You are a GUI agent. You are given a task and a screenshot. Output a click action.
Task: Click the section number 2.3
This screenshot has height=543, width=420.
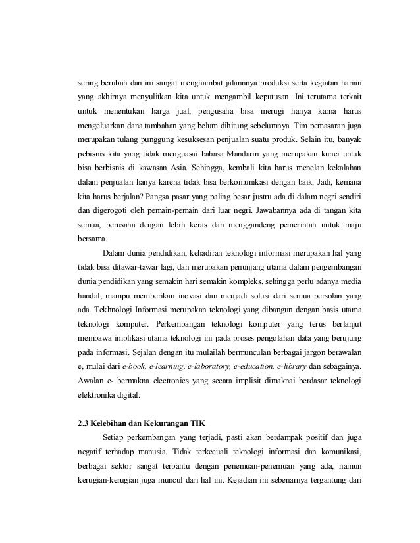pyautogui.click(x=84, y=423)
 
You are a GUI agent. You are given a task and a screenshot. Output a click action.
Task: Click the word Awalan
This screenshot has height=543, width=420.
pyautogui.click(x=92, y=381)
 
